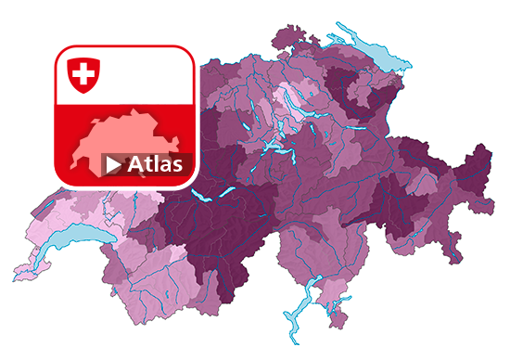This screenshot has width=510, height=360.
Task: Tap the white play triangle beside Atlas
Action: (x=113, y=165)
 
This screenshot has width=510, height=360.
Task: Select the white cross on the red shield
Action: (x=83, y=72)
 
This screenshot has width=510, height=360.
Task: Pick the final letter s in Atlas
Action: (x=182, y=166)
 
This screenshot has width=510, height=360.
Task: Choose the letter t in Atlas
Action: (x=149, y=164)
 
